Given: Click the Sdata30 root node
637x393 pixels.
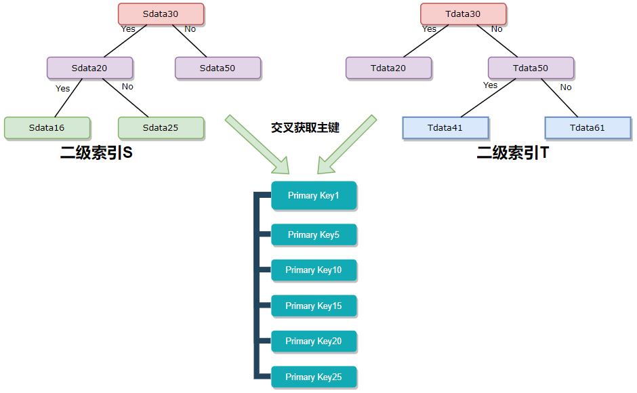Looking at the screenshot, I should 161,14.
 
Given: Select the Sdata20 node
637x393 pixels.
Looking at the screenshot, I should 89,68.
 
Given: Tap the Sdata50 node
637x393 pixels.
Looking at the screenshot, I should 218,68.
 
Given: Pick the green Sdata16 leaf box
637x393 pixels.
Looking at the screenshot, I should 47,127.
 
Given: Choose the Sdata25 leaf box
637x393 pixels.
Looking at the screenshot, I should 161,127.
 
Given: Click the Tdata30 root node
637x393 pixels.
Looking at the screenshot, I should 463,14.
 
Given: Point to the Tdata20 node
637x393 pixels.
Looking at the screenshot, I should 388,68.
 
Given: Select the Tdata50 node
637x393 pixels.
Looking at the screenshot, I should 531,68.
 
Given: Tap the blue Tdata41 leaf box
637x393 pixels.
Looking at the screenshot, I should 445,127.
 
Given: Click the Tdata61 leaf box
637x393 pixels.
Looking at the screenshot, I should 588,127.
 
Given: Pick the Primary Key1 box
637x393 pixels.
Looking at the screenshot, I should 314,195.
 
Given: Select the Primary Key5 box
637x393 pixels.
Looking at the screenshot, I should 314,234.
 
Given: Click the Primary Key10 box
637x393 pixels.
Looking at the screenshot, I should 314,270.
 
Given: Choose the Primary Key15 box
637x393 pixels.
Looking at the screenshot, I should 314,306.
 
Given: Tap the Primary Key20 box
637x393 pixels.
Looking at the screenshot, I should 314,341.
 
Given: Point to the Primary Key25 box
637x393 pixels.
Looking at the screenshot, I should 314,377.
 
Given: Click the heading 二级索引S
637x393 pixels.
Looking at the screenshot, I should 96,153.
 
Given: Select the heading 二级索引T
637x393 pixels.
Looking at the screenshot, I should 512,153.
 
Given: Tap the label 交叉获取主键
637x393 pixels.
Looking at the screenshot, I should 305,127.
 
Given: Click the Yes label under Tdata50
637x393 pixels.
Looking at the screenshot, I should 490,85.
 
